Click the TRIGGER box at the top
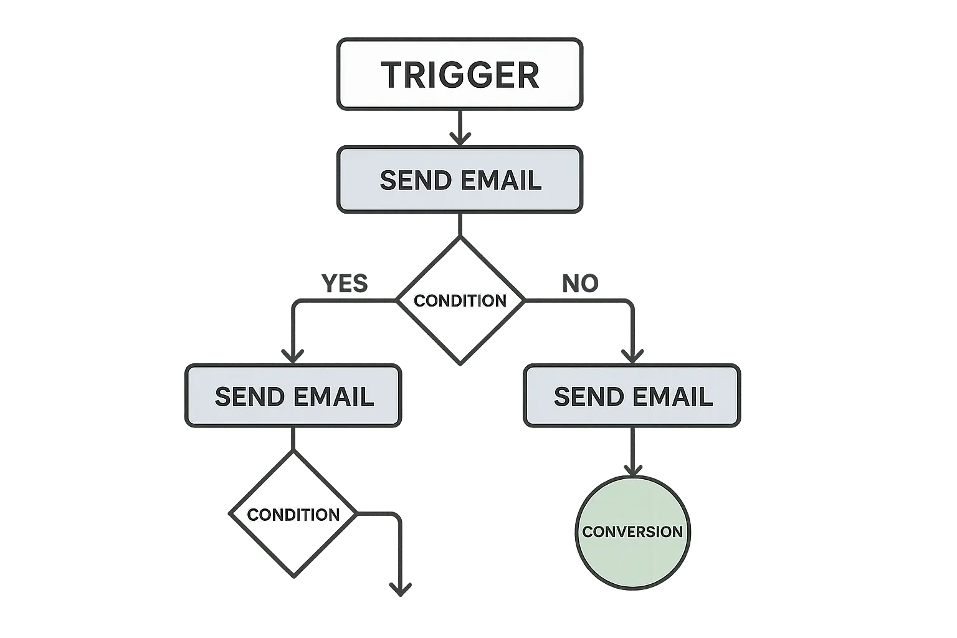(460, 75)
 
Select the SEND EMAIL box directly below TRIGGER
(460, 180)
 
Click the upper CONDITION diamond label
(460, 300)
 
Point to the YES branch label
(346, 283)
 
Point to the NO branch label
(580, 283)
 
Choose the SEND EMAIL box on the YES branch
(293, 396)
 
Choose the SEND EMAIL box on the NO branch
(632, 396)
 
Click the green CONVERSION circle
(632, 531)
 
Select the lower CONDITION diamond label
(293, 515)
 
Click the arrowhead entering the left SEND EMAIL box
(293, 357)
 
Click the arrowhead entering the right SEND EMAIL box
(632, 357)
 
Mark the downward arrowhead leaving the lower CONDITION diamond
(400, 589)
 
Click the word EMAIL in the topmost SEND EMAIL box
(502, 180)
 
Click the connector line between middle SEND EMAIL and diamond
(460, 224)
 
